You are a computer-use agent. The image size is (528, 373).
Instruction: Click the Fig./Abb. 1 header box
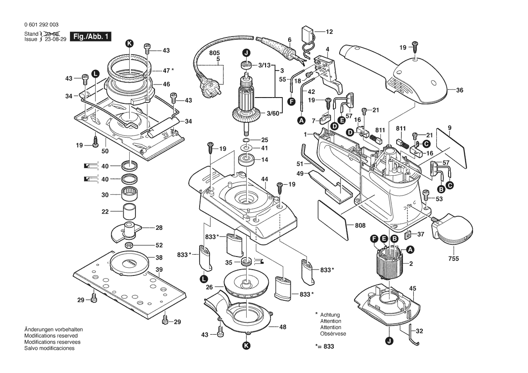(x=90, y=37)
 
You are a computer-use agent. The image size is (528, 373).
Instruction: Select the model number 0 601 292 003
(x=41, y=25)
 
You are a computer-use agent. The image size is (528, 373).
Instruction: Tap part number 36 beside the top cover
(x=459, y=90)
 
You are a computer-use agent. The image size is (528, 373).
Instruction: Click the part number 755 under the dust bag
(x=453, y=259)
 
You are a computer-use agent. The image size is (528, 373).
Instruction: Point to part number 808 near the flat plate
(x=360, y=225)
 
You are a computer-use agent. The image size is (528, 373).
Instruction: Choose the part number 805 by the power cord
(x=214, y=52)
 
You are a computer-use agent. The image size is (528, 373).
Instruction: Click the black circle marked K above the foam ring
(x=130, y=43)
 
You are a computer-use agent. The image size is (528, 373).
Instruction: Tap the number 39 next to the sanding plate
(x=159, y=270)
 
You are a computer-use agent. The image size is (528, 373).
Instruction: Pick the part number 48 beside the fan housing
(x=283, y=327)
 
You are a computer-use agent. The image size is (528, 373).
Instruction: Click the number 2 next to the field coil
(x=411, y=263)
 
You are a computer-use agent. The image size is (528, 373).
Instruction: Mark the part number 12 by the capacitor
(x=329, y=32)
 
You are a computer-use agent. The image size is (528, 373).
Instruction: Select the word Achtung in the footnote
(x=330, y=315)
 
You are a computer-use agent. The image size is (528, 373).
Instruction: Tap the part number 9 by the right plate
(x=449, y=128)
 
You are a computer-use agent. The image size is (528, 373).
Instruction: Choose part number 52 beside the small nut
(x=159, y=245)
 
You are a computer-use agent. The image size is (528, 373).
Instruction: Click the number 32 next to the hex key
(x=419, y=331)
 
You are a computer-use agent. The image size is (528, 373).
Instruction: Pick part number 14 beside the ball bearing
(x=264, y=159)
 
